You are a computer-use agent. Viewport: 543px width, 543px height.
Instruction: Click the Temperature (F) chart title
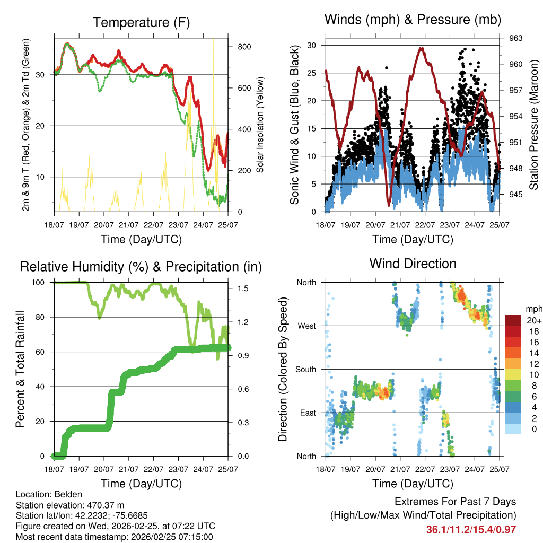click(x=141, y=22)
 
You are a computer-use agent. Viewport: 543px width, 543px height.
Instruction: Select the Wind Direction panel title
click(x=413, y=263)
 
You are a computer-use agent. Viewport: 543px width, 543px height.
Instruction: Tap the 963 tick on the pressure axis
click(x=516, y=38)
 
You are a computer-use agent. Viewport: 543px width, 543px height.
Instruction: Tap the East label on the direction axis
click(x=306, y=413)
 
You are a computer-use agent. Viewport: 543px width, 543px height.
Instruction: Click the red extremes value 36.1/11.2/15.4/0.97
click(x=471, y=529)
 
